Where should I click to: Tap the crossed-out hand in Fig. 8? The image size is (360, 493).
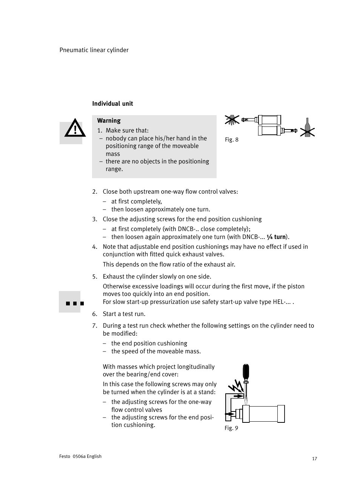click(x=232, y=120)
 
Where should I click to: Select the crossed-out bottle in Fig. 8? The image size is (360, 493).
click(x=307, y=128)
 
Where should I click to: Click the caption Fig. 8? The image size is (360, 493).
click(x=232, y=140)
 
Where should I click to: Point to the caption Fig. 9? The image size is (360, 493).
click(x=231, y=428)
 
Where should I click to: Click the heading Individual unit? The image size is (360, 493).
click(x=112, y=104)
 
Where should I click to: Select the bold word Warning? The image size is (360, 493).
click(x=109, y=121)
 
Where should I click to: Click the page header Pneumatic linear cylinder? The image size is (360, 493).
click(x=94, y=50)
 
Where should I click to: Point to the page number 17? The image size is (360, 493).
click(x=314, y=459)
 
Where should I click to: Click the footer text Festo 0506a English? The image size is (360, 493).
click(x=80, y=456)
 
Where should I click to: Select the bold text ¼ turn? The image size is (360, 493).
click(x=276, y=237)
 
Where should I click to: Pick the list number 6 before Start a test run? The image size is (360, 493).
click(x=94, y=314)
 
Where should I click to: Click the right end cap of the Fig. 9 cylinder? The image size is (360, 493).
click(x=281, y=414)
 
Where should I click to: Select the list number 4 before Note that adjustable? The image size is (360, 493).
click(x=94, y=247)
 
